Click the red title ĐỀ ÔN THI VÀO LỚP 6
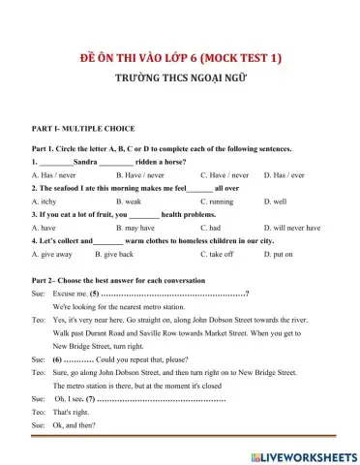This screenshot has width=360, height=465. coord(179,60)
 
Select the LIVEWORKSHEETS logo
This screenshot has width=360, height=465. coord(303,453)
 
